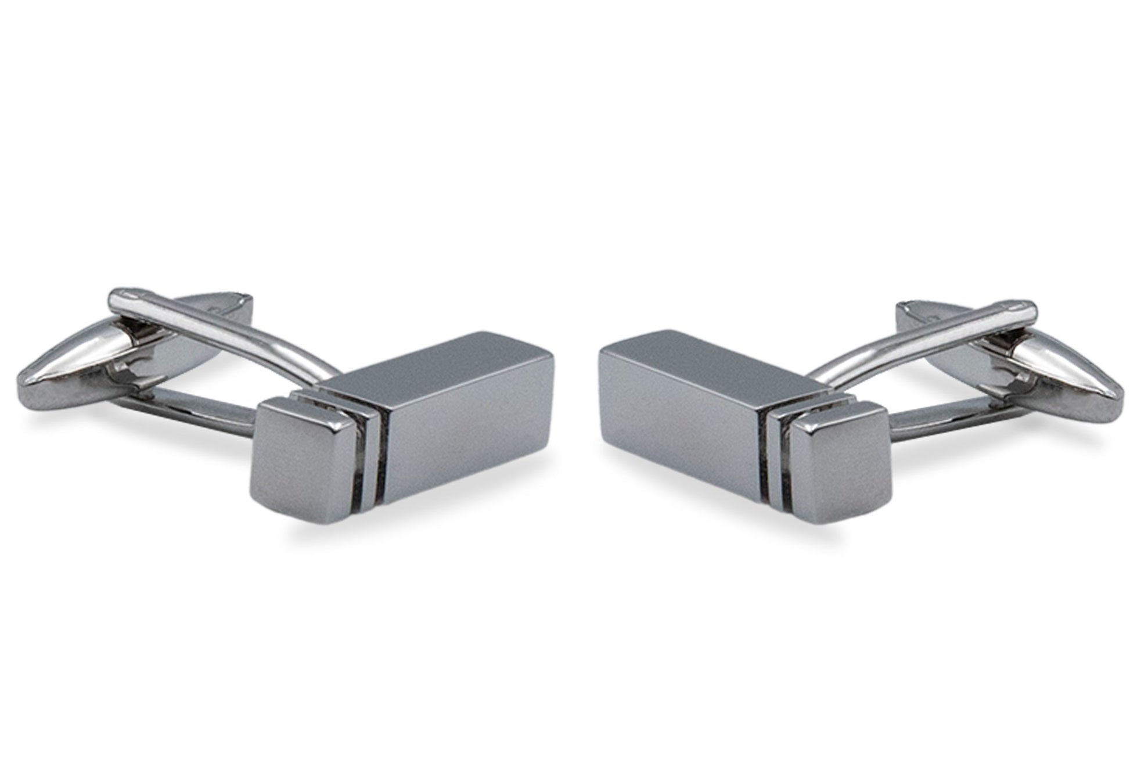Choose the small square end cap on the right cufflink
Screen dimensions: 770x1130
[836, 465]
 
